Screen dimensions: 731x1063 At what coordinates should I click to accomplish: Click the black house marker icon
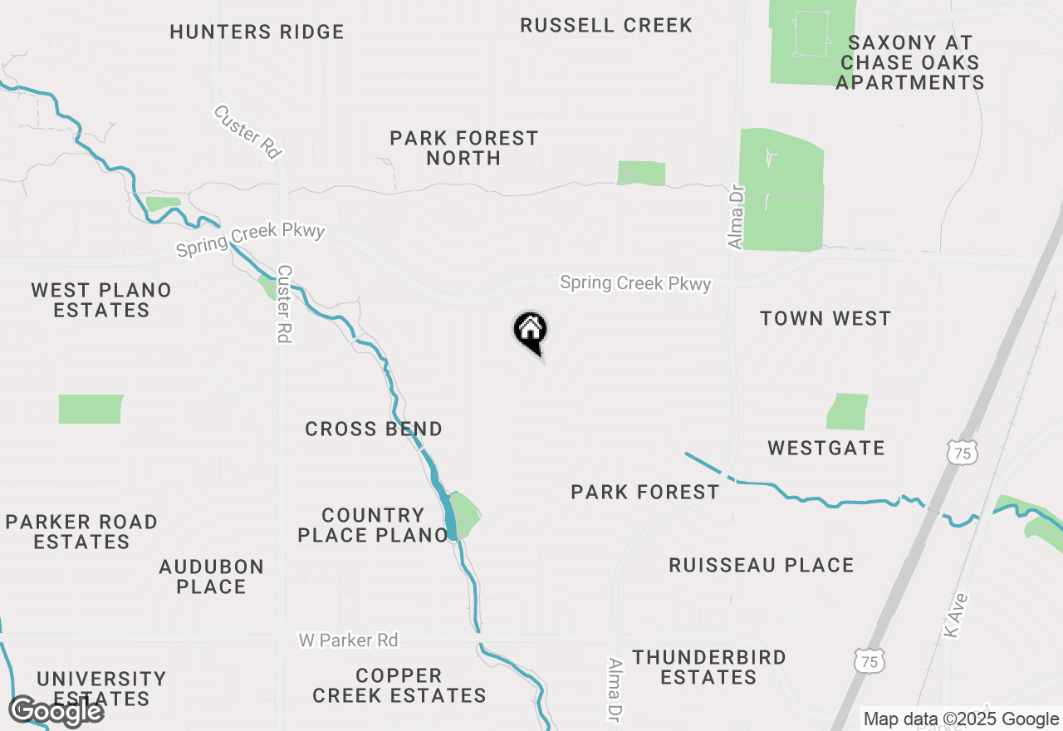coord(530,330)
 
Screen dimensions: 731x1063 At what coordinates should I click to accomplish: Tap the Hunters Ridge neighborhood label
coord(257,32)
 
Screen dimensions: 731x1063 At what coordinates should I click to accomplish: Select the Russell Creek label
coord(606,26)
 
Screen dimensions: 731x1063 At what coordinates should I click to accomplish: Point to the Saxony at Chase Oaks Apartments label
coord(909,62)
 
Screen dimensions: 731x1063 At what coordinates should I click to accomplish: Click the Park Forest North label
coord(464,147)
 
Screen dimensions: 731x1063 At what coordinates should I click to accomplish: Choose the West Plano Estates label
coord(101,300)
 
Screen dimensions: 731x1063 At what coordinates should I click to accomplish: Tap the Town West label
coord(825,318)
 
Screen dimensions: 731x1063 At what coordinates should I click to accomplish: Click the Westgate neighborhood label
coord(825,449)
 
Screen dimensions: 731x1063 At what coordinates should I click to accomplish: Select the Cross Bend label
coord(374,429)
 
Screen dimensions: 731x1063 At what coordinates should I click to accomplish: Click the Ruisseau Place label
coord(762,566)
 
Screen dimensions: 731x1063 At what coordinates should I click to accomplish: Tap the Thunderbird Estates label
coord(708,667)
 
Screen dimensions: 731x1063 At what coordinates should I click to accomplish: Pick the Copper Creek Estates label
coord(399,685)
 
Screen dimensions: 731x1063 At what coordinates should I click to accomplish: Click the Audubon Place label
coord(211,576)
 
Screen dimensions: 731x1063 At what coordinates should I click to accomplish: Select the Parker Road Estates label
coord(81,532)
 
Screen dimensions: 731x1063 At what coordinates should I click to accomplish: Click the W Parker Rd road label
coord(348,640)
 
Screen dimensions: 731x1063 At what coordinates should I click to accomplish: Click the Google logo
coord(56,711)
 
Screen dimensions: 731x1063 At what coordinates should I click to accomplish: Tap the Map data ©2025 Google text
coord(961,719)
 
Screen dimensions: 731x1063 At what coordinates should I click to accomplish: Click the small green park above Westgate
coord(847,412)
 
